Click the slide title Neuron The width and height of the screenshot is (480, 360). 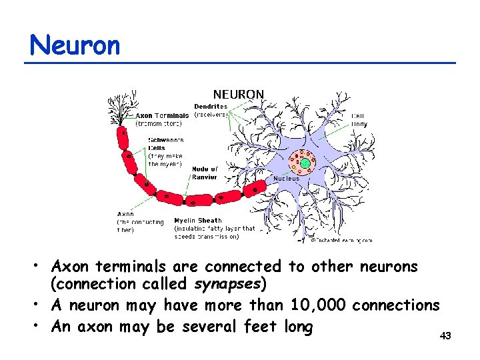tap(75, 45)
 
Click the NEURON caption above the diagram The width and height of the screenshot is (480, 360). tap(238, 95)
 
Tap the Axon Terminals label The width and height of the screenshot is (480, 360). tap(162, 115)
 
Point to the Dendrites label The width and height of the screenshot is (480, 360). tap(211, 106)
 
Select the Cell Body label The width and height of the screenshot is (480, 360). tap(359, 120)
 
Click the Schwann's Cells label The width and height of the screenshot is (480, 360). tap(166, 144)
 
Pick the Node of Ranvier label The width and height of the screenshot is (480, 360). tap(205, 173)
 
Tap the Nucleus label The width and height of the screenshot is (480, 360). tap(287, 179)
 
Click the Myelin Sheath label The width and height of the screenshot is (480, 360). tap(198, 220)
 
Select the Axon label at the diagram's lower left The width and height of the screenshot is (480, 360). tap(126, 215)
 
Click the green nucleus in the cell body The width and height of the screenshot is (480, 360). tap(305, 163)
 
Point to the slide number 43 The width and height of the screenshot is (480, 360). tap(445, 336)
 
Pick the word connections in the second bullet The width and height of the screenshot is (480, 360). tap(396, 305)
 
